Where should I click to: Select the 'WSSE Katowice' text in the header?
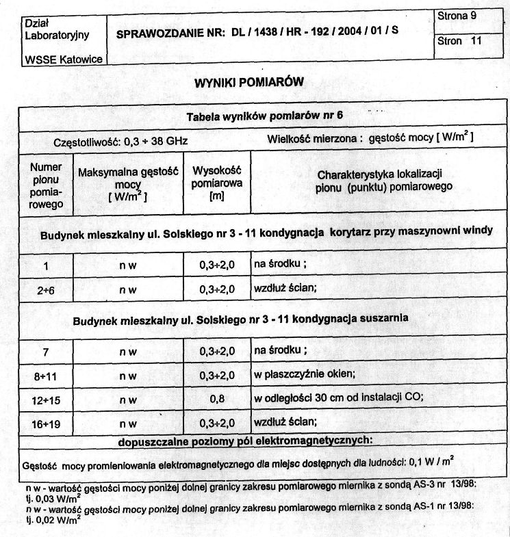63,60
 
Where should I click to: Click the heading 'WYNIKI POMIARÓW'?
250,83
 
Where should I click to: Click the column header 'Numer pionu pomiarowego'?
47,185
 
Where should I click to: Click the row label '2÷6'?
46,289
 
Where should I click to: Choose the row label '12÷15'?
46,400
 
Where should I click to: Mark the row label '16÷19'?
46,424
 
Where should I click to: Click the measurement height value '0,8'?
217,400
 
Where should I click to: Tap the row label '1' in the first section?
46,265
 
